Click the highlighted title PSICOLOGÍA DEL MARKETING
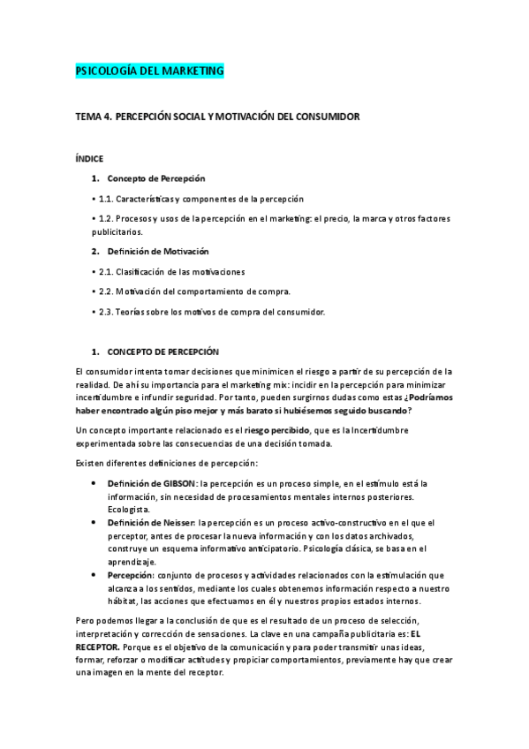click(x=150, y=71)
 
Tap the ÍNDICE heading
click(x=90, y=159)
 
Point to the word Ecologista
click(x=130, y=510)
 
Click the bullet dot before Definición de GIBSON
click(x=94, y=484)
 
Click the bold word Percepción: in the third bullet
click(x=130, y=575)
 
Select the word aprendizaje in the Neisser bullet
click(x=132, y=562)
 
